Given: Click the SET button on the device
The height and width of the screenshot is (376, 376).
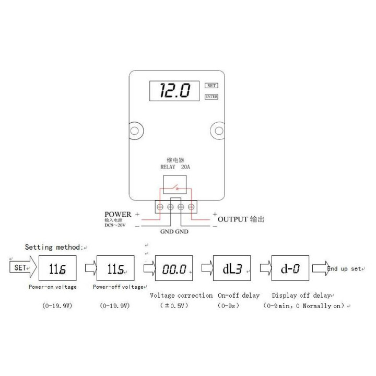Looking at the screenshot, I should [x=211, y=86].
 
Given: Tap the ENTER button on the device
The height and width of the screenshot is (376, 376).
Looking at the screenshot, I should [x=211, y=97].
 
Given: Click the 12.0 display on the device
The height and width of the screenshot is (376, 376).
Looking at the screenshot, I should [x=175, y=91].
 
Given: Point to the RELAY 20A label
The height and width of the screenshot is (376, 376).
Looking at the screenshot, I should [x=176, y=168].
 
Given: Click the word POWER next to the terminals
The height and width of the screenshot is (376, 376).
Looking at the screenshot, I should [x=118, y=214].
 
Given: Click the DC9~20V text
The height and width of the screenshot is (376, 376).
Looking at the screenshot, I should [x=116, y=226].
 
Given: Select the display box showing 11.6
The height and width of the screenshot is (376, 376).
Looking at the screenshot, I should [x=57, y=269].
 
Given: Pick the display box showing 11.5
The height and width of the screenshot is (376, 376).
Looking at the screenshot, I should [x=115, y=269].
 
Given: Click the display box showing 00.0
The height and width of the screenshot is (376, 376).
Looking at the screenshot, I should [x=174, y=269].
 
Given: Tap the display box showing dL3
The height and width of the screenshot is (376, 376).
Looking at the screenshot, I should [x=232, y=269].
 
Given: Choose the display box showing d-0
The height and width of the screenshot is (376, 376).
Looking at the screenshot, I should [x=291, y=269].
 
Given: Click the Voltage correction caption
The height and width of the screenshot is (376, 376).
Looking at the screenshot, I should [x=181, y=295].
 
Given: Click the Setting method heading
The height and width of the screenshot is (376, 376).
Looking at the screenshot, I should [x=54, y=247].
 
